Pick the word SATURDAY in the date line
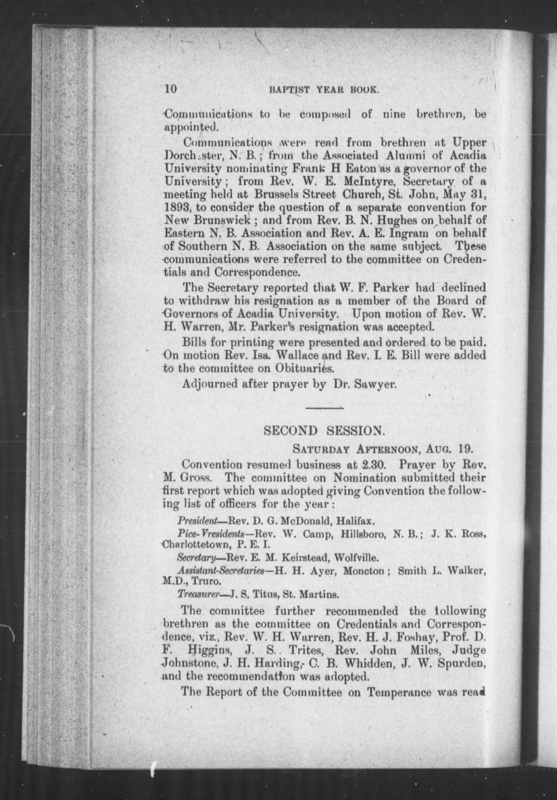(316, 449)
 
